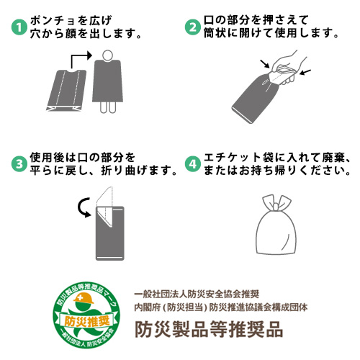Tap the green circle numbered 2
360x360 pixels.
tap(193, 27)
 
